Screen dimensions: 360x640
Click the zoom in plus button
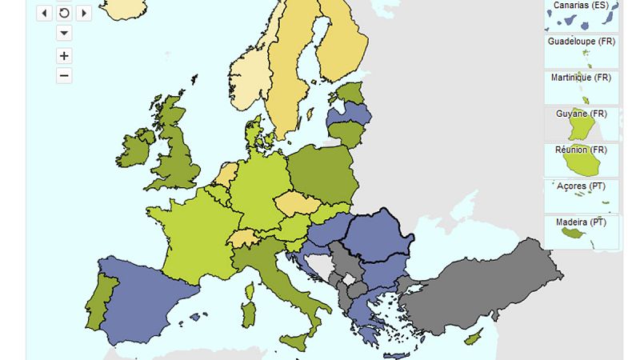click(65, 56)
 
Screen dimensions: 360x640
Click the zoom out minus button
click(65, 76)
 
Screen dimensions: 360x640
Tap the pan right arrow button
click(84, 13)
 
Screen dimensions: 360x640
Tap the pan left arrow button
click(45, 13)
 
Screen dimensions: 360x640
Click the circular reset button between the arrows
click(65, 13)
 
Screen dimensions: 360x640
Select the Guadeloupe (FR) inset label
click(581, 42)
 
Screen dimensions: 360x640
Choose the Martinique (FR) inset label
click(581, 78)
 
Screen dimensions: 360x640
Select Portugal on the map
click(103, 293)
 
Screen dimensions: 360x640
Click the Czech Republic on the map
click(299, 203)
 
